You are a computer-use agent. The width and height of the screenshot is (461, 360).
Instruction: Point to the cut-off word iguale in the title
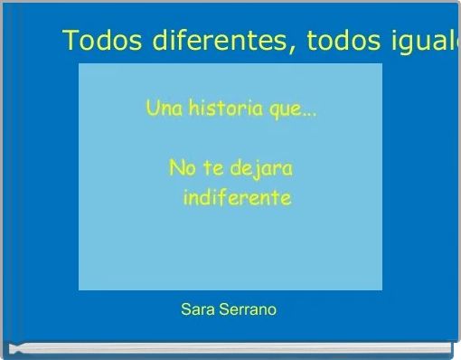[428, 43]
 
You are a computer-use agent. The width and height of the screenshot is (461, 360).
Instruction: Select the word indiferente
[237, 197]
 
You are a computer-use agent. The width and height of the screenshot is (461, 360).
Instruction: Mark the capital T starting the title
[71, 42]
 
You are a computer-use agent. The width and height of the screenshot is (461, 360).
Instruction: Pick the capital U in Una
[152, 110]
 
